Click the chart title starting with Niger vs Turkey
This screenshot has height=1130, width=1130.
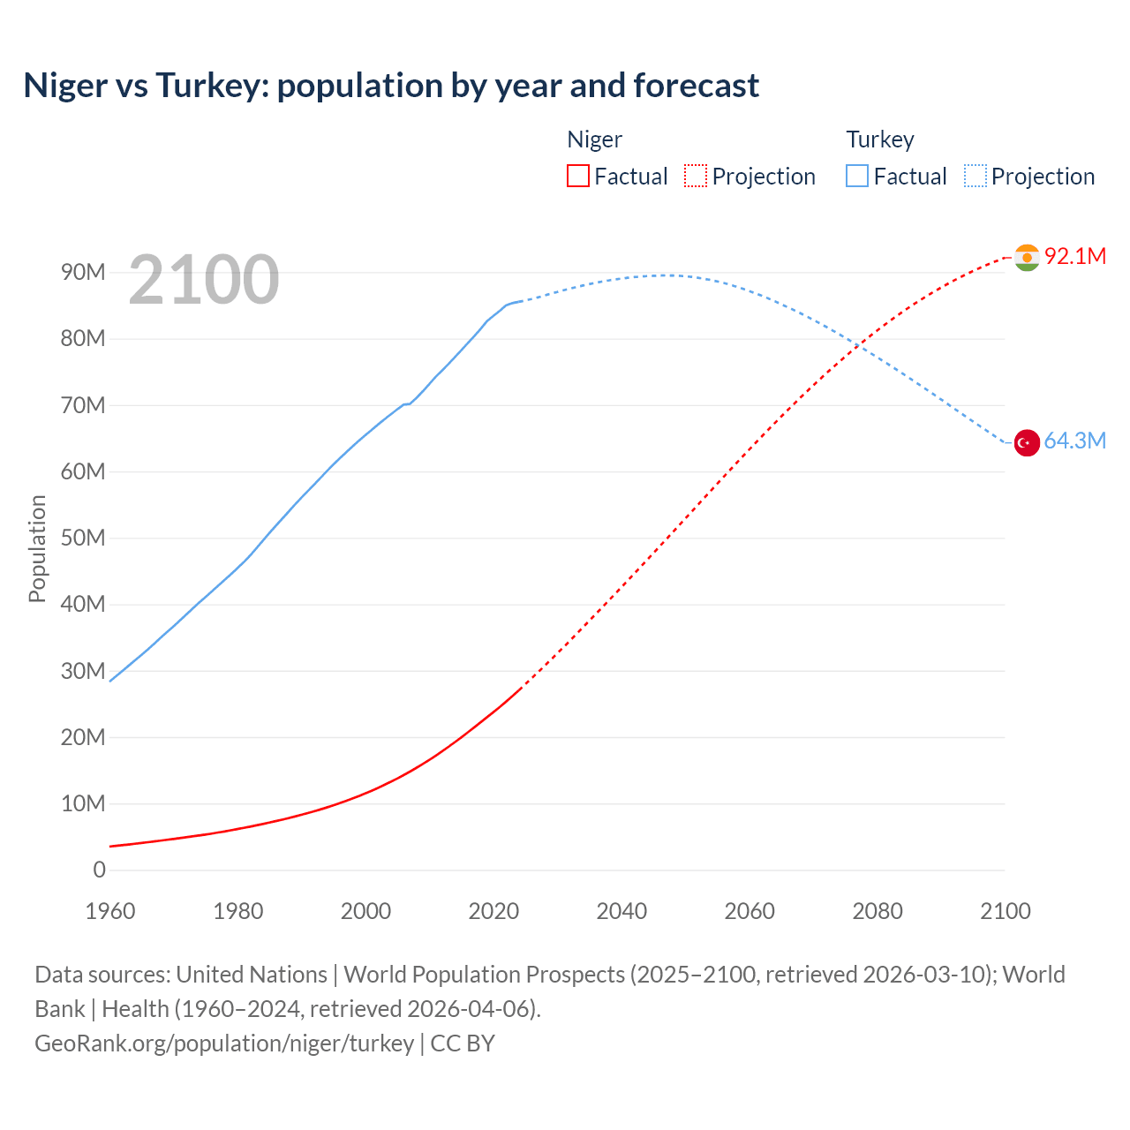pyautogui.click(x=391, y=86)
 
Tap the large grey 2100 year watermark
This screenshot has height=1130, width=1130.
pyautogui.click(x=204, y=280)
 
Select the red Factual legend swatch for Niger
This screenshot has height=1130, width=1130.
pyautogui.click(x=577, y=176)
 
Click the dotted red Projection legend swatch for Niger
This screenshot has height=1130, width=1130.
pyautogui.click(x=696, y=176)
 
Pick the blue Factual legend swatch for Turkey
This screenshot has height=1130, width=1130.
pyautogui.click(x=856, y=176)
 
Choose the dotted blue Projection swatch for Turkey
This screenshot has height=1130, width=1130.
pyautogui.click(x=975, y=176)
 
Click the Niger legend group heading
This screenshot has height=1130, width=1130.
pyautogui.click(x=594, y=139)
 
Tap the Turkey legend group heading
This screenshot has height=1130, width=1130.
pyautogui.click(x=879, y=139)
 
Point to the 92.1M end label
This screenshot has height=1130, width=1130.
pyautogui.click(x=1074, y=256)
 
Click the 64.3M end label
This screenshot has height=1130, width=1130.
pyautogui.click(x=1074, y=441)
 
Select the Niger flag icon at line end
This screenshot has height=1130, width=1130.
pyautogui.click(x=1027, y=257)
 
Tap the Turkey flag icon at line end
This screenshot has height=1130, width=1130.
pyautogui.click(x=1027, y=442)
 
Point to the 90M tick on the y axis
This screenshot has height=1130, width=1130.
pyautogui.click(x=83, y=272)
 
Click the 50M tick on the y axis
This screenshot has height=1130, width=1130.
pyautogui.click(x=83, y=538)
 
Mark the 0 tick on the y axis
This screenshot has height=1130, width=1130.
pyautogui.click(x=99, y=870)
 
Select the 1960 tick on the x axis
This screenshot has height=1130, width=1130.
pyautogui.click(x=110, y=911)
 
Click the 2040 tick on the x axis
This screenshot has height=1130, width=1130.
pyautogui.click(x=621, y=911)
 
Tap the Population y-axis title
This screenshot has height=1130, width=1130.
pyautogui.click(x=37, y=548)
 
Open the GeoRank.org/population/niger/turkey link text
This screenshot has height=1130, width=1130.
pyautogui.click(x=224, y=1043)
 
